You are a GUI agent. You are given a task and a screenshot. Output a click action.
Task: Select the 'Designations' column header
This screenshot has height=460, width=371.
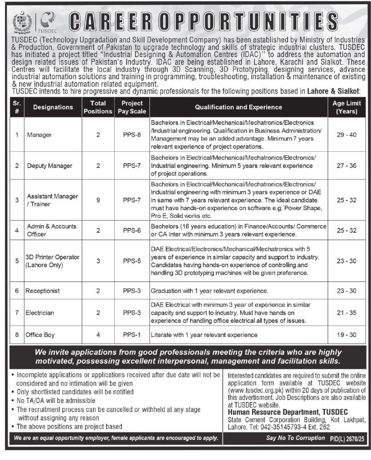(x=53, y=107)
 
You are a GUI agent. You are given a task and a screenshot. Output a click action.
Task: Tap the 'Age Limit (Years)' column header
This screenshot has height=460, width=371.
(x=346, y=107)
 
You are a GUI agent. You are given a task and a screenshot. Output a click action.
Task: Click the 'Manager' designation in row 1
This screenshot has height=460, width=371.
(x=39, y=134)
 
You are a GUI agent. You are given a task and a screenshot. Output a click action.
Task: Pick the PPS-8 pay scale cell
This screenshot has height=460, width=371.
(x=132, y=134)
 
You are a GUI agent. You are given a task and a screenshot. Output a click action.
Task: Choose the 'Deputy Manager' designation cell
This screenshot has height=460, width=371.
(x=49, y=166)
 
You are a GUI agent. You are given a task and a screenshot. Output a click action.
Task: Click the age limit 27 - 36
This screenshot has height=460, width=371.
(x=346, y=166)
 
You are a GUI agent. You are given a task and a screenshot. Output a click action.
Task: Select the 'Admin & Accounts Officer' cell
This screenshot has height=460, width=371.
(x=51, y=230)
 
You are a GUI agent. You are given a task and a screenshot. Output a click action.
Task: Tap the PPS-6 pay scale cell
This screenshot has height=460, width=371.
(x=132, y=230)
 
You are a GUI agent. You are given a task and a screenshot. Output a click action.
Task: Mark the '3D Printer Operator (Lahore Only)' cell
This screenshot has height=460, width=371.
(x=52, y=261)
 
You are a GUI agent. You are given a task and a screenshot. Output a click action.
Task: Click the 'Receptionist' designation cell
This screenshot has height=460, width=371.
(x=43, y=291)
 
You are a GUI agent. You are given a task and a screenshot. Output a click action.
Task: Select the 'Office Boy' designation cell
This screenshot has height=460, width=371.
(x=40, y=335)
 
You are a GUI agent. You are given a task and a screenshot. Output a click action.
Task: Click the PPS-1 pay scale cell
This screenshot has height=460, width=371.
(x=132, y=335)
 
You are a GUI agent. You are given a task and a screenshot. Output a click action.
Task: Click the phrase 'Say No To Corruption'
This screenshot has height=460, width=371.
(x=295, y=438)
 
